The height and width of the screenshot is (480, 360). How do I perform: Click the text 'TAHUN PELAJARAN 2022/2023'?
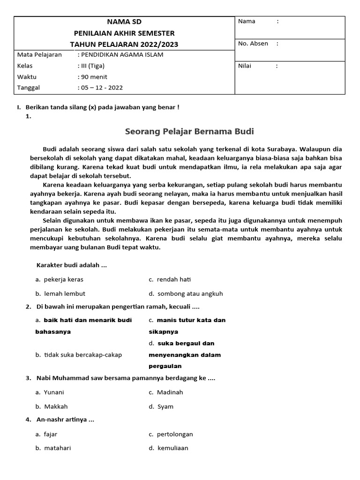124,45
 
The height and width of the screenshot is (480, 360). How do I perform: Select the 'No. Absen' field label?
253,44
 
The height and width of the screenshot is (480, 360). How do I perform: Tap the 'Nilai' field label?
245,66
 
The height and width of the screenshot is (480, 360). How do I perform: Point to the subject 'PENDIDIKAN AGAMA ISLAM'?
122,55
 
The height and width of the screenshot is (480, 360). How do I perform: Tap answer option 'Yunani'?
54,392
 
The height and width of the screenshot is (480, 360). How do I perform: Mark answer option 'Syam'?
165,406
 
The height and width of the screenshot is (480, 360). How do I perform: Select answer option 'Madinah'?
170,392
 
